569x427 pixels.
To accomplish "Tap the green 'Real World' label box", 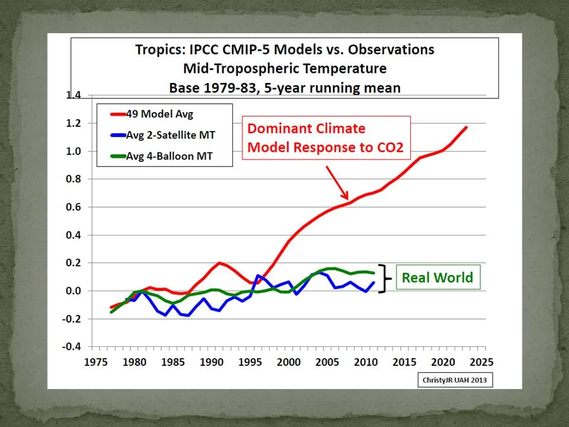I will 437,278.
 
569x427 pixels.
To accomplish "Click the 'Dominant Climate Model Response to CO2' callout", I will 325,138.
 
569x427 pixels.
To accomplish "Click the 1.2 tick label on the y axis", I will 74,123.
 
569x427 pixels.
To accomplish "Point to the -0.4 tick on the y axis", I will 73,347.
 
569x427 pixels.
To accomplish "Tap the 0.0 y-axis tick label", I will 74,291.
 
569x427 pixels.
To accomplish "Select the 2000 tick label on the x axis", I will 287,362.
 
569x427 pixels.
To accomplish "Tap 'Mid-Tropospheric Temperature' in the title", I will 284,68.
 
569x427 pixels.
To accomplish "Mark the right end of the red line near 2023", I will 466,127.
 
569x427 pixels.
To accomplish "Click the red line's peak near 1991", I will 219,263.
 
